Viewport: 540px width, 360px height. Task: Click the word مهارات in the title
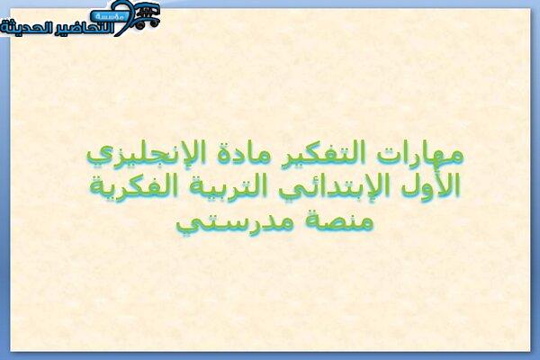point(420,155)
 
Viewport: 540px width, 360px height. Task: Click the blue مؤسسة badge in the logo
point(109,16)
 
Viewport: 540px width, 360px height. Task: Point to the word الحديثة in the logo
point(23,28)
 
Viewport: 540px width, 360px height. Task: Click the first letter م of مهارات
point(455,156)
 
